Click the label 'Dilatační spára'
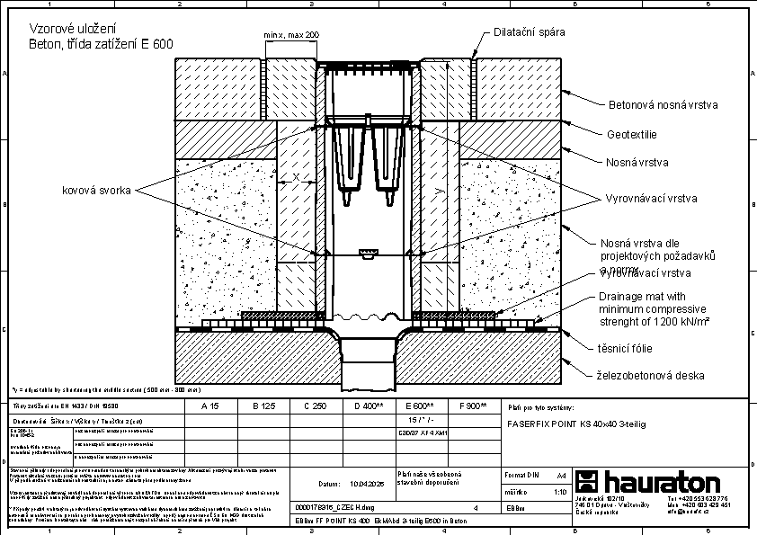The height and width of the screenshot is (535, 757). pos(530,32)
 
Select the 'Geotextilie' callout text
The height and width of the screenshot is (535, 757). pos(633,135)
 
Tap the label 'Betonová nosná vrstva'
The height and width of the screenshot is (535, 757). pos(663,105)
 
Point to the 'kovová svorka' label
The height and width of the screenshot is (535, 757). pos(97,190)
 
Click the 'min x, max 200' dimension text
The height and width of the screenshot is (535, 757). pos(291,35)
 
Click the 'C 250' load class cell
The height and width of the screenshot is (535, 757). pos(314,406)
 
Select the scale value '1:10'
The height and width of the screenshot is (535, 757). pos(559,492)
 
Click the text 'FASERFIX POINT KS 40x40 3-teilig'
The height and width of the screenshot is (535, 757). pos(577,422)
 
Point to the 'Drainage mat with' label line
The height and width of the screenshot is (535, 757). pos(642,296)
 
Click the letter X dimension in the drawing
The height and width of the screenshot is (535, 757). pos(297,178)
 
